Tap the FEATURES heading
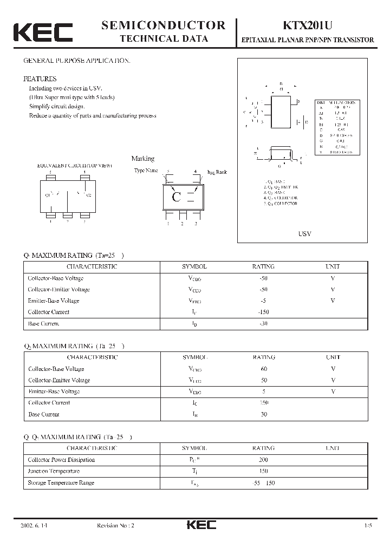point(40,78)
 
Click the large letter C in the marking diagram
point(175,197)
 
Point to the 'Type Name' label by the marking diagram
point(146,171)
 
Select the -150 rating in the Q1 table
point(263,312)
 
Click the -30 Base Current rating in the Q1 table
point(263,324)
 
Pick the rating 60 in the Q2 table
point(264,369)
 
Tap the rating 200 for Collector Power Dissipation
point(264,460)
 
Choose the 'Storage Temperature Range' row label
point(61,483)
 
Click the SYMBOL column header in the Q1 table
point(194,266)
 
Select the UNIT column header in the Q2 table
point(333,357)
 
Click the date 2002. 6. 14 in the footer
point(33,526)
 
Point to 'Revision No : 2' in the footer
point(115,526)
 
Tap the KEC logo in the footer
point(201,525)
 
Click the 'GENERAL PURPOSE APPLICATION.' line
point(76,61)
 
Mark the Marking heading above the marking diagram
point(143,159)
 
